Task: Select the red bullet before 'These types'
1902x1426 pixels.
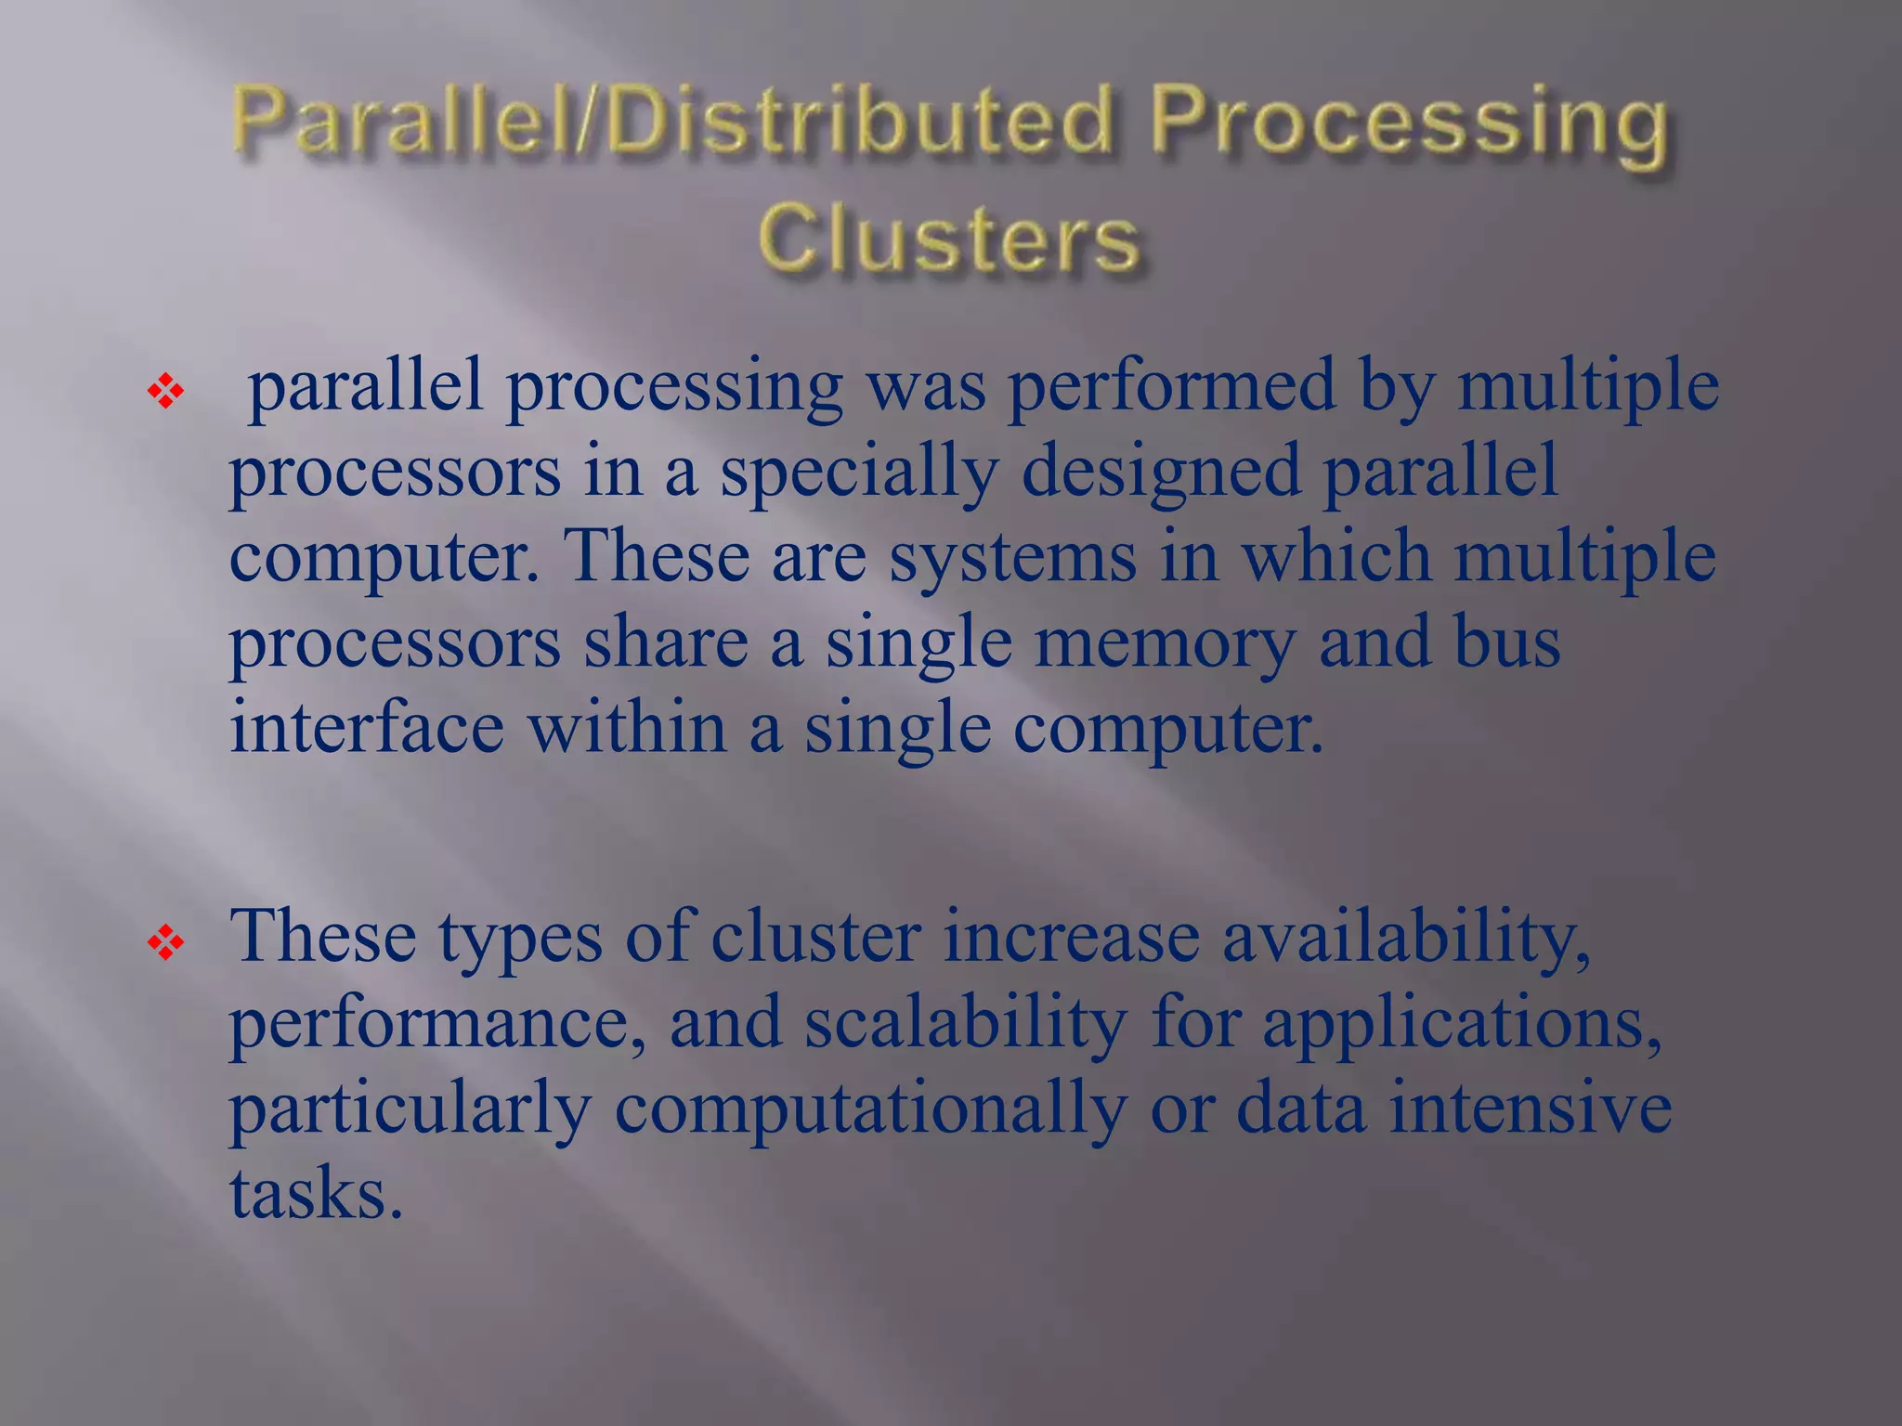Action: [166, 944]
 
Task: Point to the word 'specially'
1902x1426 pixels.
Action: [859, 472]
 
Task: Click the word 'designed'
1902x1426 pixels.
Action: [1160, 472]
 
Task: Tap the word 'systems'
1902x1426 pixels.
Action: [1012, 557]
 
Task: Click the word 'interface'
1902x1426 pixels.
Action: [367, 729]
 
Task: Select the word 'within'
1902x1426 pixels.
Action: [627, 729]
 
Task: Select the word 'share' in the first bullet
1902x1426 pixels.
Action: [665, 642]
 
